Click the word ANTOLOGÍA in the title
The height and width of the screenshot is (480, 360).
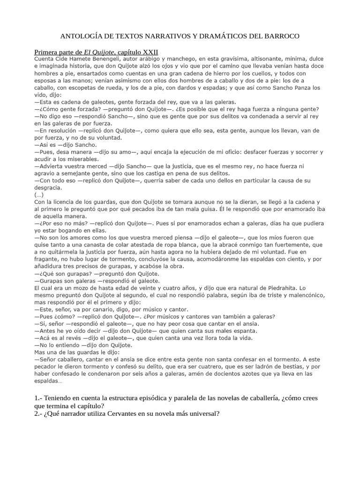coord(83,36)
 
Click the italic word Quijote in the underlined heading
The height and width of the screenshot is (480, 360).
coord(97,52)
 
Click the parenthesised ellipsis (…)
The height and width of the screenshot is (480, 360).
coord(39,195)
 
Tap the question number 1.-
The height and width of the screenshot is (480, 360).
coord(39,398)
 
